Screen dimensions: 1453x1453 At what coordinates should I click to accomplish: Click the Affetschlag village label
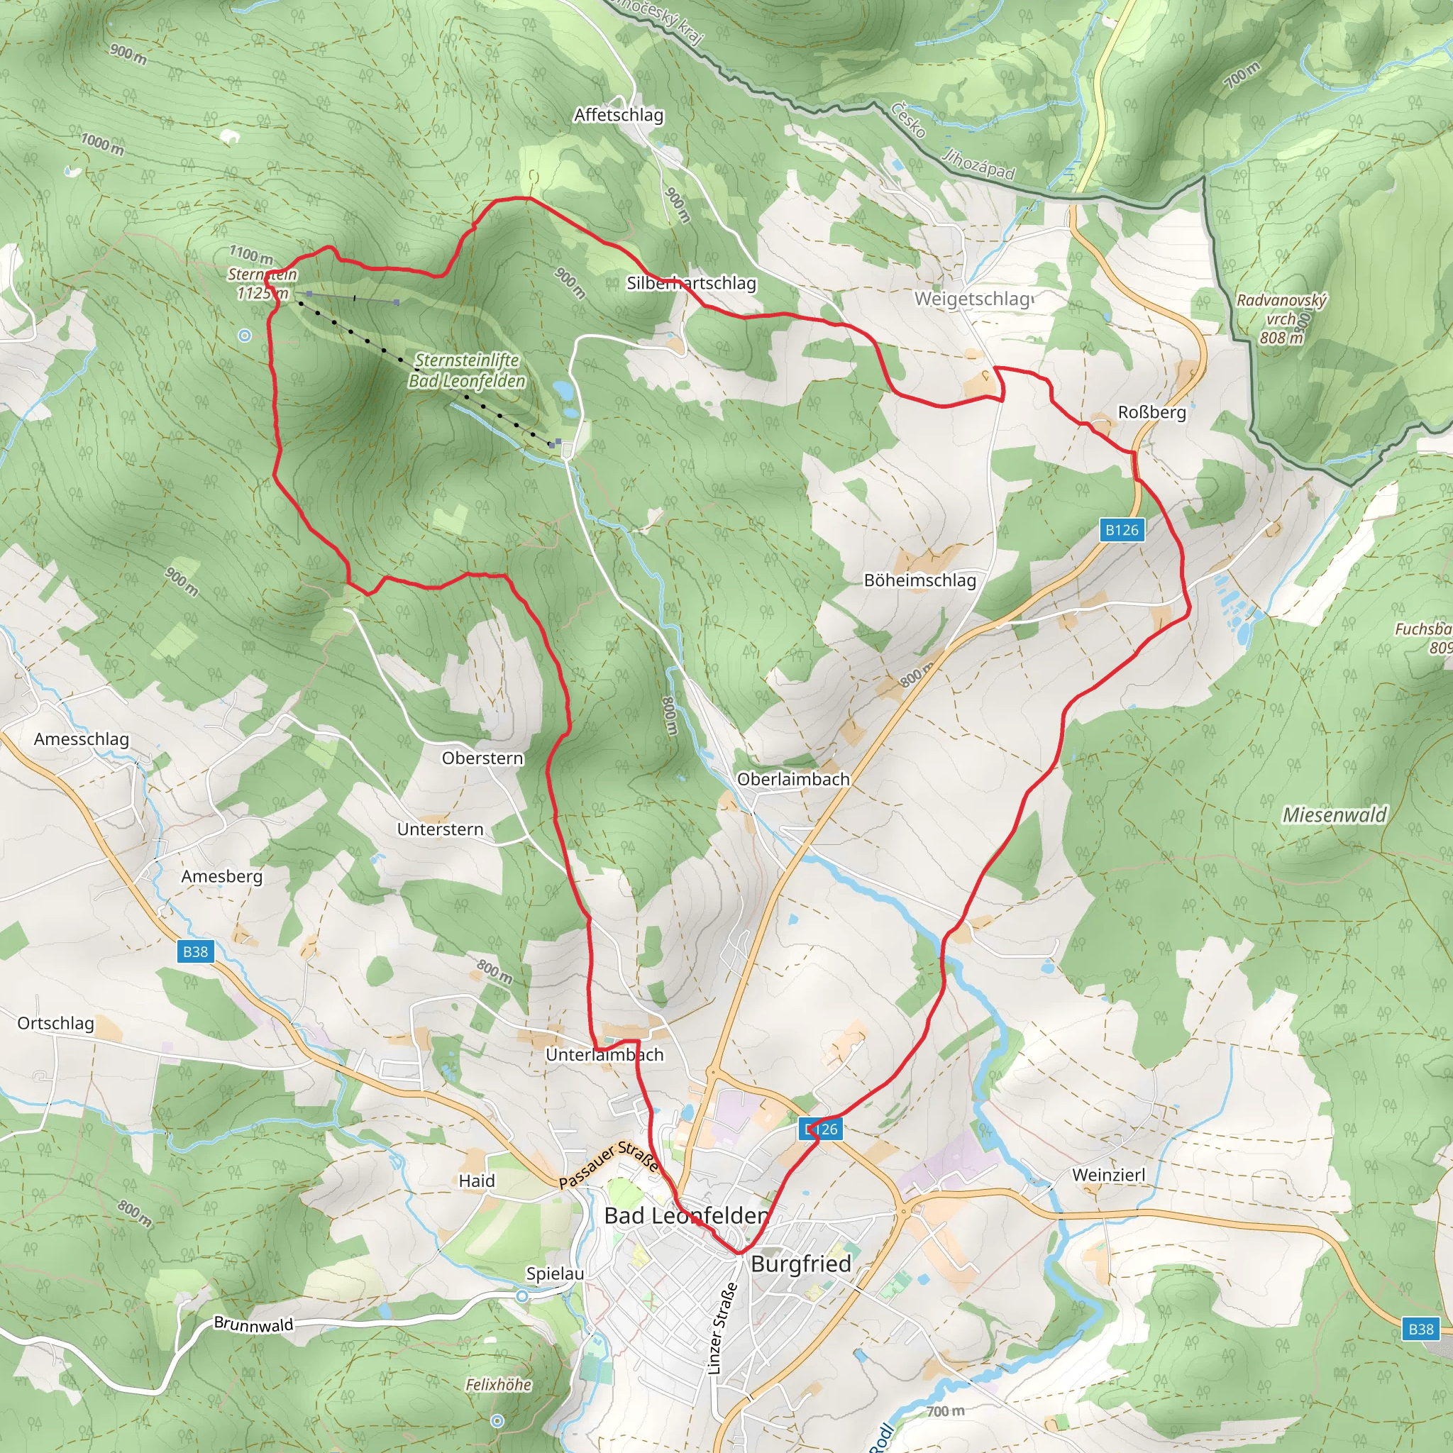(x=618, y=115)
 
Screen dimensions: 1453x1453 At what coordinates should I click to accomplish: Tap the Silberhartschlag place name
(x=691, y=283)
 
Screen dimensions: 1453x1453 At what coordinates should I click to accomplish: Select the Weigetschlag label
(x=973, y=299)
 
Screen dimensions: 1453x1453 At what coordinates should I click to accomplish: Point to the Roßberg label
(x=1151, y=412)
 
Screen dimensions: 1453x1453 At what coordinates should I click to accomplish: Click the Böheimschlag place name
(x=919, y=580)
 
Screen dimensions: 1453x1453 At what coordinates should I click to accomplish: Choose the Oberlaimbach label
(x=792, y=779)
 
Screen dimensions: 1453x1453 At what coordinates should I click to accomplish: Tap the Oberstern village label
(x=482, y=758)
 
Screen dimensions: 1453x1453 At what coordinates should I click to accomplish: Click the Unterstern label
(x=440, y=829)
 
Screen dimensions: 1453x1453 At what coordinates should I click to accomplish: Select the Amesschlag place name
(x=81, y=739)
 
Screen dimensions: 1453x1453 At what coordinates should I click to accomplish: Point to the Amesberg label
(x=222, y=876)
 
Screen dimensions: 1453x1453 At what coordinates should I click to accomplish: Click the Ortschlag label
(x=55, y=1023)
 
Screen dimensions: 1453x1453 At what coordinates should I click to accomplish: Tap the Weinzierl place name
(x=1109, y=1175)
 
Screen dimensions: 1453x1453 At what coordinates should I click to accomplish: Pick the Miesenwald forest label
(x=1335, y=814)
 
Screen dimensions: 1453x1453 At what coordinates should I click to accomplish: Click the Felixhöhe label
(x=498, y=1385)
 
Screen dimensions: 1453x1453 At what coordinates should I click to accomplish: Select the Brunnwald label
(x=253, y=1324)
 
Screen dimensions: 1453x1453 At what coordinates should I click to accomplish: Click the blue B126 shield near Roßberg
(x=1122, y=530)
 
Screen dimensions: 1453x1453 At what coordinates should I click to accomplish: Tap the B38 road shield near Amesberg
(x=196, y=951)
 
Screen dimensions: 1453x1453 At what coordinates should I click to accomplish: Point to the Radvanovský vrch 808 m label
(x=1281, y=319)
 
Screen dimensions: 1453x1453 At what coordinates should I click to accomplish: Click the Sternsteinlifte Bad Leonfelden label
(x=467, y=371)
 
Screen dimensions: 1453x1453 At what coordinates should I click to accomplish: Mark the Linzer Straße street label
(x=722, y=1328)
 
